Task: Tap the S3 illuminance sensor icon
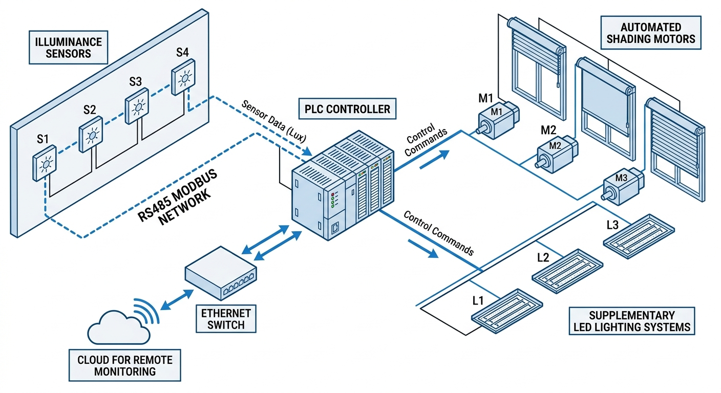click(137, 107)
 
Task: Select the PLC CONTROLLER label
click(347, 109)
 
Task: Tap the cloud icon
click(118, 327)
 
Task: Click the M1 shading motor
click(497, 122)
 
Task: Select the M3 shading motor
click(621, 185)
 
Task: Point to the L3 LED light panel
click(638, 232)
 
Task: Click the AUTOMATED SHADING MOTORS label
click(650, 33)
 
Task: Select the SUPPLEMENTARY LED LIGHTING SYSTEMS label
click(631, 321)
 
